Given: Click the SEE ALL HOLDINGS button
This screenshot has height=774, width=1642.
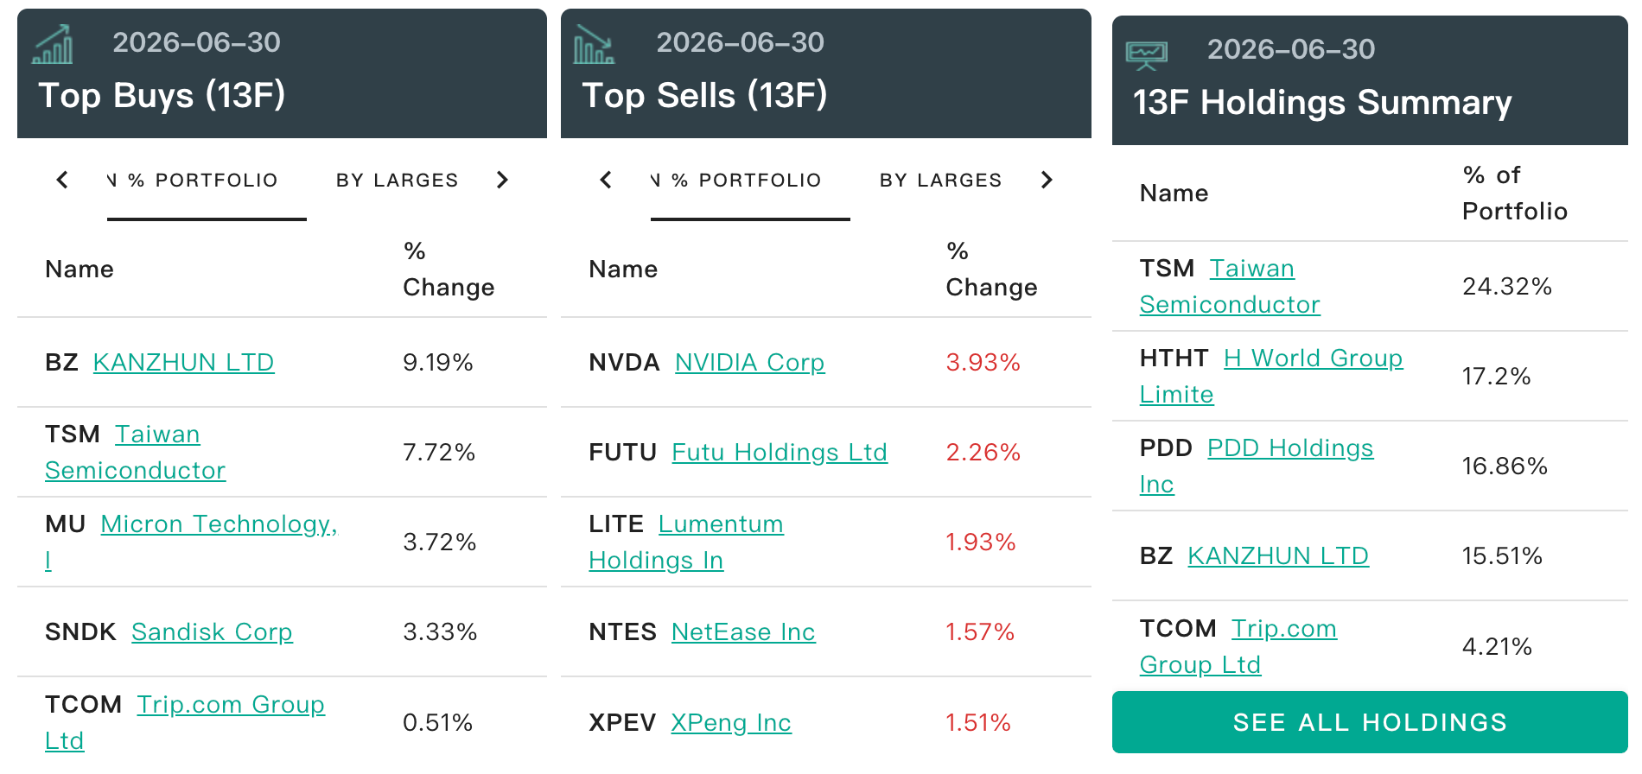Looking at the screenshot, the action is click(x=1370, y=722).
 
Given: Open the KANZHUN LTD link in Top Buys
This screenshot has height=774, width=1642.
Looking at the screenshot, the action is click(x=183, y=362).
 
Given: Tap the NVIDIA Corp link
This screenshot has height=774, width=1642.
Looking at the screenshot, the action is click(x=749, y=362).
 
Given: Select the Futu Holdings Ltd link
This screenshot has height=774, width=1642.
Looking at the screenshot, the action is click(x=780, y=452).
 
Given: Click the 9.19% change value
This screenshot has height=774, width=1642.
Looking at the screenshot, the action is click(x=438, y=362).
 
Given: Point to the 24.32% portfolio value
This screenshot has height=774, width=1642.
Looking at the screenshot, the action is click(x=1507, y=286).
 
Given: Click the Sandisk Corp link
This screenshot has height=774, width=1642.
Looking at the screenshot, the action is click(x=212, y=631).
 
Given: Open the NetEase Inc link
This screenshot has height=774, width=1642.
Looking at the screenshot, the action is click(x=743, y=631).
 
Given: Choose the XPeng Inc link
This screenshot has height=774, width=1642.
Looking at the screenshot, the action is click(x=731, y=722).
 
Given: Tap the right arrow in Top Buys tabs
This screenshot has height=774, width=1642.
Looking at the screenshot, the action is click(x=502, y=180).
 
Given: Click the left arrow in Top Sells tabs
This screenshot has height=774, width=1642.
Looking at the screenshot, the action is click(x=606, y=180).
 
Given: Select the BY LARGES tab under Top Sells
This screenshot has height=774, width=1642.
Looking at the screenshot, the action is click(x=941, y=180).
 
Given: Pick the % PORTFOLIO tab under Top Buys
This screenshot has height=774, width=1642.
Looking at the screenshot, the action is click(x=203, y=180).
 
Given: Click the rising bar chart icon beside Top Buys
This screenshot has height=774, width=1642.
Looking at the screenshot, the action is click(x=53, y=44).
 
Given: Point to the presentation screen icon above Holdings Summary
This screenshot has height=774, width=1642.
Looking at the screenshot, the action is click(x=1147, y=55).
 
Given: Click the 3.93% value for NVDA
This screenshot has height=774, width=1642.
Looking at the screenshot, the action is click(x=983, y=362).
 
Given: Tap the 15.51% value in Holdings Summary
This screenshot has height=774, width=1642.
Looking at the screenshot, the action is click(x=1502, y=555).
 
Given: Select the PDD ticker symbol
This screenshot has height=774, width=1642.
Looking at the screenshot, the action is click(x=1166, y=447).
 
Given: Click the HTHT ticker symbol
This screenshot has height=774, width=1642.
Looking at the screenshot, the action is click(x=1174, y=358).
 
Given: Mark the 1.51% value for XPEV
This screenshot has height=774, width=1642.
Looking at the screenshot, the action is click(x=978, y=722).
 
